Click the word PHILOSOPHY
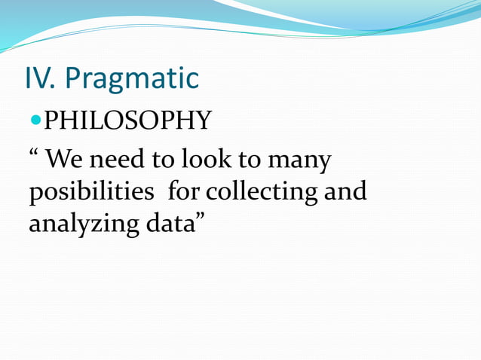(x=127, y=120)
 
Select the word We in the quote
(x=65, y=160)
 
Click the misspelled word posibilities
(x=91, y=193)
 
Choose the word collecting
(x=262, y=193)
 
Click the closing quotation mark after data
(x=202, y=218)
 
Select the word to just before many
(x=254, y=160)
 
